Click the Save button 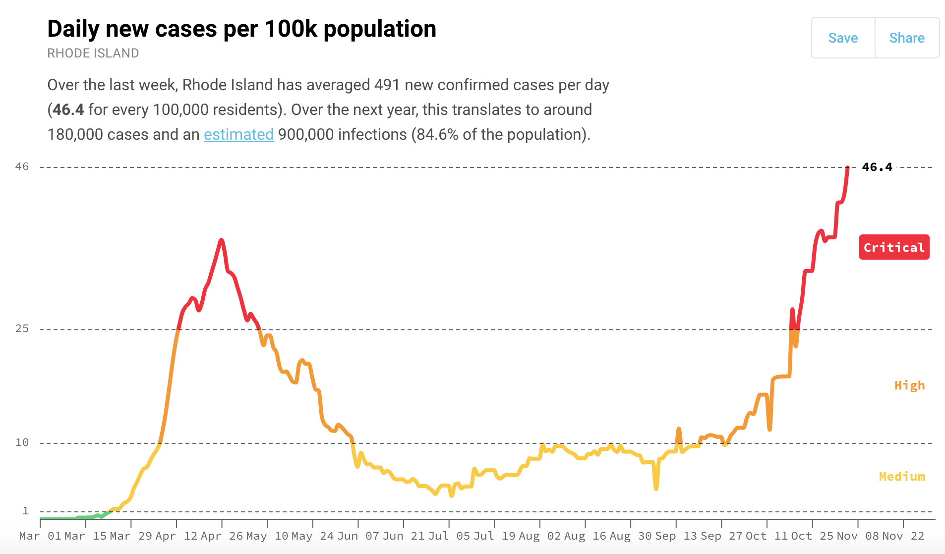(x=843, y=38)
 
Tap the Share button (x=907, y=38)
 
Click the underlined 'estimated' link (x=238, y=134)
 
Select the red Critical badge (x=894, y=247)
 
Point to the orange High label (x=909, y=386)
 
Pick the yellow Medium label (x=902, y=477)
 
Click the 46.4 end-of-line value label (x=877, y=167)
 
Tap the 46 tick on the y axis (x=22, y=166)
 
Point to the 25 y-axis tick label (x=22, y=329)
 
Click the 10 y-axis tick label (x=22, y=443)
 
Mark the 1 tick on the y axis (x=26, y=511)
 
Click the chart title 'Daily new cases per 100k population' (x=241, y=29)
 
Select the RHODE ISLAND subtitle (x=93, y=53)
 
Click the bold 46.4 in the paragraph (x=68, y=110)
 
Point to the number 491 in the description (x=387, y=85)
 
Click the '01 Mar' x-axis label (x=66, y=536)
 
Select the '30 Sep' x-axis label (x=657, y=536)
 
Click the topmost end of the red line (x=848, y=168)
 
